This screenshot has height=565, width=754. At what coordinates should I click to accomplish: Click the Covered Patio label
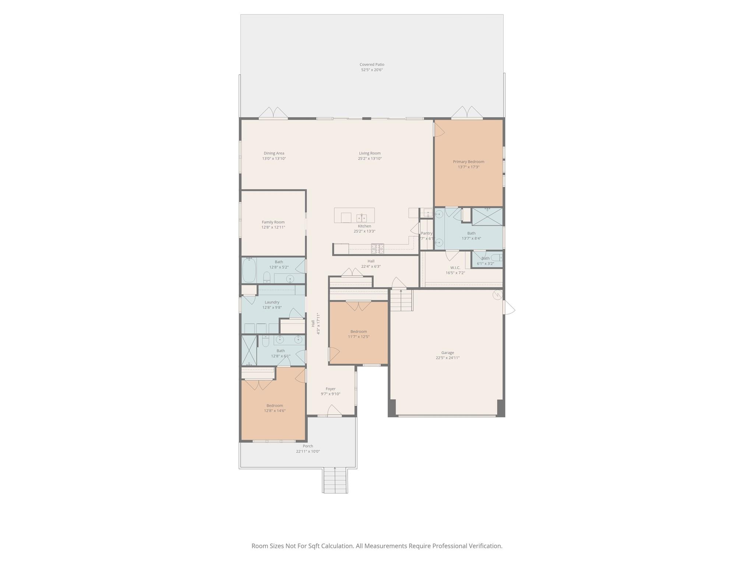(372, 64)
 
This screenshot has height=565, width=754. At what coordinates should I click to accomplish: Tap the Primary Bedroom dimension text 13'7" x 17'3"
(468, 167)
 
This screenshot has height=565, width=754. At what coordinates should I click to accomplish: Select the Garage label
(448, 352)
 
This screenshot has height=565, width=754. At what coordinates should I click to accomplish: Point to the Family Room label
(273, 222)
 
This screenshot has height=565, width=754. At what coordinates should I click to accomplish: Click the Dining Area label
(274, 153)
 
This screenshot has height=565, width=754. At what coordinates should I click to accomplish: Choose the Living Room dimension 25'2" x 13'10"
(370, 159)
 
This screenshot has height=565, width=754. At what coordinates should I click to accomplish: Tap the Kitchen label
(364, 226)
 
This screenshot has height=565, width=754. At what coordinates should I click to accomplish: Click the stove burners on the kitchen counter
(377, 249)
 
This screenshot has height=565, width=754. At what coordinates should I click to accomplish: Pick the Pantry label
(426, 233)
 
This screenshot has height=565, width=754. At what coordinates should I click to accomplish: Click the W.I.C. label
(455, 267)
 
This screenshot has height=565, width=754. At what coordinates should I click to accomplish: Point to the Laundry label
(272, 302)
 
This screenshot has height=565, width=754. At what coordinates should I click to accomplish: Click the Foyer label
(331, 389)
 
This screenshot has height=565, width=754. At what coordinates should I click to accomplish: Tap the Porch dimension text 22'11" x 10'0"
(308, 451)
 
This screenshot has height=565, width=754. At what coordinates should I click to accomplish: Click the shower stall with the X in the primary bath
(487, 217)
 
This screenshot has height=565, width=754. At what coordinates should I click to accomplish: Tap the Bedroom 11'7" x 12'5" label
(359, 331)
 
